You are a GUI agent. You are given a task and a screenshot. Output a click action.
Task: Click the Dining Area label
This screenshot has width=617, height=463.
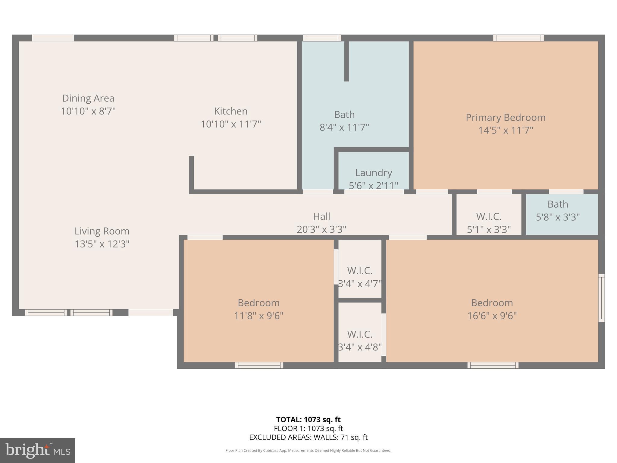88,98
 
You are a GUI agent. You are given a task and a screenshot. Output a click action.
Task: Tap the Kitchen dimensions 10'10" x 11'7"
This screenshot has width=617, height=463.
231,124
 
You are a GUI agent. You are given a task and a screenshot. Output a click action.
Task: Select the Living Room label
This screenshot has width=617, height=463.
102,231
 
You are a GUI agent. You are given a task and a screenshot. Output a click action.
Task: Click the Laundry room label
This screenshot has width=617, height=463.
373,173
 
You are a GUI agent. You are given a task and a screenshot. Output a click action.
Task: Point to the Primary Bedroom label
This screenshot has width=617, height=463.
506,118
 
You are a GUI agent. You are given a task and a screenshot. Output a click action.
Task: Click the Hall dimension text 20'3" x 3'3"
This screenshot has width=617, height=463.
321,229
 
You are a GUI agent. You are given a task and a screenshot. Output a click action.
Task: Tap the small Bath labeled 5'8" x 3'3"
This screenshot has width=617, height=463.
558,210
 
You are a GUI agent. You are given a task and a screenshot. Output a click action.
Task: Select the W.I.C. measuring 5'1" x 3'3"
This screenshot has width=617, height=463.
489,223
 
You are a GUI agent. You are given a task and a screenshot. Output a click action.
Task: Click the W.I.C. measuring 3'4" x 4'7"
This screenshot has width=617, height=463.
360,277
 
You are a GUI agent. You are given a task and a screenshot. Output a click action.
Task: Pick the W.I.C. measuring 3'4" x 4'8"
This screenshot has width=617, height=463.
360,341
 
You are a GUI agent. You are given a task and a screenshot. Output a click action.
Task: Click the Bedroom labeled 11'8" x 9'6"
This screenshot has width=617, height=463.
258,309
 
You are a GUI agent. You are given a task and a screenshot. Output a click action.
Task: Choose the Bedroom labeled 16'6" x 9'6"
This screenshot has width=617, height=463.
492,309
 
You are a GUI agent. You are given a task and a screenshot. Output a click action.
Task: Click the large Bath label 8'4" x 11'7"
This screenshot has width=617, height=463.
344,121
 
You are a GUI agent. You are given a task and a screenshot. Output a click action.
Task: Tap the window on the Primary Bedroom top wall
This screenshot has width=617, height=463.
518,38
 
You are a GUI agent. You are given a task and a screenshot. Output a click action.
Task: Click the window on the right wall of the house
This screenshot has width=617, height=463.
601,298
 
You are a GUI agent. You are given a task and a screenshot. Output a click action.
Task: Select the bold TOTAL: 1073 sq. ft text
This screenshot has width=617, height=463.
308,420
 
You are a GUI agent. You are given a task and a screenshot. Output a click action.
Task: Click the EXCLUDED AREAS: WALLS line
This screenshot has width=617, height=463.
308,437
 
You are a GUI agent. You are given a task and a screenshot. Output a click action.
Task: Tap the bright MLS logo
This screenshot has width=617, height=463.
38,450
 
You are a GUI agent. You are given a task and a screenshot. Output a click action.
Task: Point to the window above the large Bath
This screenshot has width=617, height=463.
322,38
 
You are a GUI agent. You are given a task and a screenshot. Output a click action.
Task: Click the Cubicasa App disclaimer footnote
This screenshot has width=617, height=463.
308,450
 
